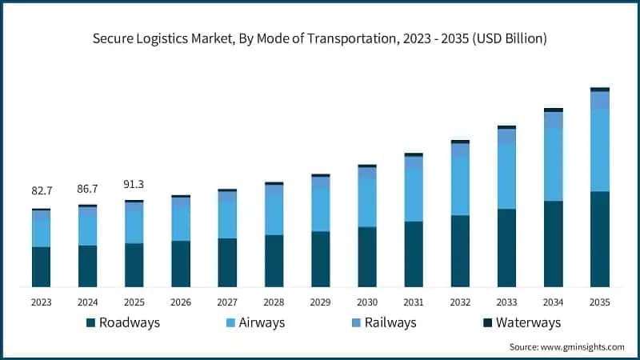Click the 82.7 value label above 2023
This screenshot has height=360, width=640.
(x=42, y=190)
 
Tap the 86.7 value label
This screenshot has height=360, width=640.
(x=87, y=189)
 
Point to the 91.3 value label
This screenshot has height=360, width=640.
(x=134, y=184)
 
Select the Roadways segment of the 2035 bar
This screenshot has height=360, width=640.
(x=599, y=239)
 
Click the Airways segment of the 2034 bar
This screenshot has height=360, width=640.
(x=553, y=165)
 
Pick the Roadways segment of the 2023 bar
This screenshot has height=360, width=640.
(x=42, y=267)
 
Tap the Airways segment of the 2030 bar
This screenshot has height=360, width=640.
(x=367, y=203)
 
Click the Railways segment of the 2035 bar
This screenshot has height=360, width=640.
(x=599, y=100)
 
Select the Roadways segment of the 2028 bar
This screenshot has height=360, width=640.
(x=274, y=261)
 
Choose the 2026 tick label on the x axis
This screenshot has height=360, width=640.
(x=181, y=302)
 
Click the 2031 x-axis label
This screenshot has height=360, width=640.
(x=414, y=302)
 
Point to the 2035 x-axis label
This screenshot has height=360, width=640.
(x=599, y=302)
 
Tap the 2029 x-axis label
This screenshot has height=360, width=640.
(x=321, y=302)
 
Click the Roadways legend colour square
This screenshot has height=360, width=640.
(x=90, y=323)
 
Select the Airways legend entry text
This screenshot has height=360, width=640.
(x=262, y=323)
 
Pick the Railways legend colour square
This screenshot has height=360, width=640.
(x=356, y=323)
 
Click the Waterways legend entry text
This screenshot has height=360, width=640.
(x=528, y=323)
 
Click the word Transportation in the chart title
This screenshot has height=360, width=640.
(x=351, y=38)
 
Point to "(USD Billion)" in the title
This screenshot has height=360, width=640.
(x=510, y=38)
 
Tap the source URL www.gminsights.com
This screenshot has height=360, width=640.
(x=582, y=347)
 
